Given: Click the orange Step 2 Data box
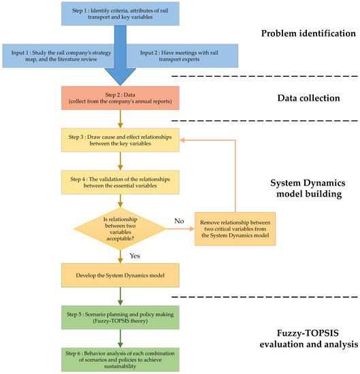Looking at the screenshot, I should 121,98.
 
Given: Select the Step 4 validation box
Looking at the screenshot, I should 121,182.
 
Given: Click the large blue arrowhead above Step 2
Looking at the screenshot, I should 121,73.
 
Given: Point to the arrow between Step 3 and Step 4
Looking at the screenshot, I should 121,160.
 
